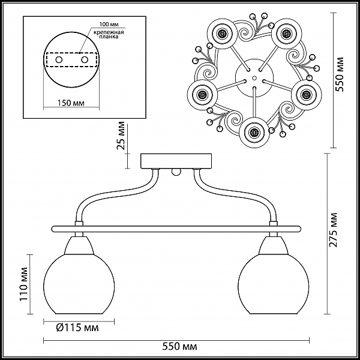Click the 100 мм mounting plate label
[x=109, y=24]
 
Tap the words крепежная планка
[x=109, y=34]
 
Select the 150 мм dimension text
[x=70, y=103]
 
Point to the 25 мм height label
[x=121, y=136]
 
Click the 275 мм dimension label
[x=333, y=230]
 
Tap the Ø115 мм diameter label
[x=77, y=328]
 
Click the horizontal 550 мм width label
[x=180, y=346]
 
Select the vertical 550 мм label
[x=340, y=74]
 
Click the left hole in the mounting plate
[x=59, y=60]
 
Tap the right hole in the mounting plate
[x=85, y=60]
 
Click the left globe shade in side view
[x=79, y=284]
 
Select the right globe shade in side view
[x=274, y=284]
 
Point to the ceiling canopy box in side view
[x=176, y=161]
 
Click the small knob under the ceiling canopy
[x=176, y=172]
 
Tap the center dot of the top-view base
[x=254, y=78]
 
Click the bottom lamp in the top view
[x=254, y=132]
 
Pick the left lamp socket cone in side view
[x=79, y=245]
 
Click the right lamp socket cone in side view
[x=273, y=245]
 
